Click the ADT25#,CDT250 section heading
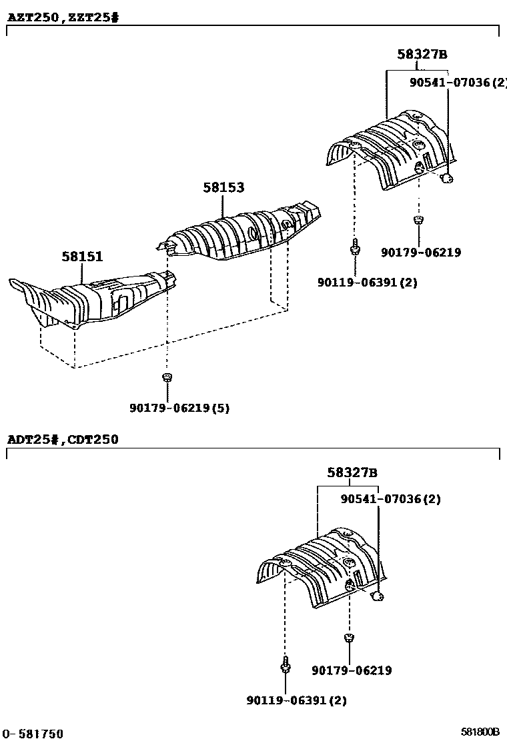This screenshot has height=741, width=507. coord(63,439)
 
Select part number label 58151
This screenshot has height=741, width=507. coord(83,256)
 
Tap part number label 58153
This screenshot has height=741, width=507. coord(223,188)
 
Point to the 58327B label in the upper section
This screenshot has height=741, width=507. coord(422,55)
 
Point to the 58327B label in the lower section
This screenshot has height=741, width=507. coord(352,472)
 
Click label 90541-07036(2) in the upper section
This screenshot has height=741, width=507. coord(458,82)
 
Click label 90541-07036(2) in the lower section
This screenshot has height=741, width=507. coord(390,498)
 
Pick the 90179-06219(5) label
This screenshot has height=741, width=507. coord(180,408)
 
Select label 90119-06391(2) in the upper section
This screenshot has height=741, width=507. coord(367,282)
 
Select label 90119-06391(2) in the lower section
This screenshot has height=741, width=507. coord(296,700)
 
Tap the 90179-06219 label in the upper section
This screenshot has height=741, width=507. coord(421,253)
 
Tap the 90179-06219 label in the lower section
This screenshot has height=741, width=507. coord(352,670)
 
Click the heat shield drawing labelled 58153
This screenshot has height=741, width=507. coord(240,233)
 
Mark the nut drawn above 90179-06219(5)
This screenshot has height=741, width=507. coord(167,378)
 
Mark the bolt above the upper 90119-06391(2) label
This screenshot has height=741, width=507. coord(354,247)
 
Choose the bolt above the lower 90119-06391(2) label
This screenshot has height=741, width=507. coord(285,664)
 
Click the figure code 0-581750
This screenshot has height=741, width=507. coord(33,734)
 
